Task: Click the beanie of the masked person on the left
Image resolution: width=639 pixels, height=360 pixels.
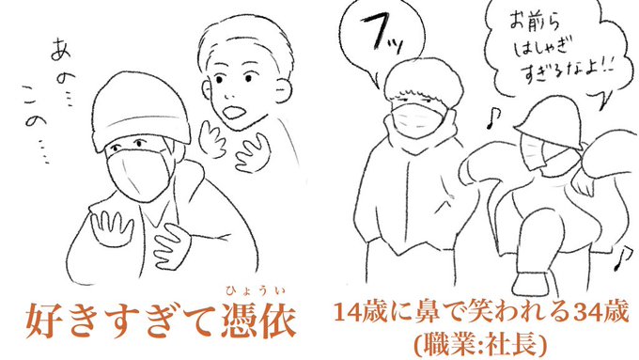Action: [140, 111]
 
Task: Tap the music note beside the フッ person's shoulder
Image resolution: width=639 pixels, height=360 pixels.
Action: [492, 118]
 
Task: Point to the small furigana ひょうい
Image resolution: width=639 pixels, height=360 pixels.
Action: [255, 290]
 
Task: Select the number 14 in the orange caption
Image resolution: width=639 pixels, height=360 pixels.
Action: [347, 313]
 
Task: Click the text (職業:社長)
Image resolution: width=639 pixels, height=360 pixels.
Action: [480, 345]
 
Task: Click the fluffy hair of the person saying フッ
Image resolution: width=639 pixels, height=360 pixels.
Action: [424, 84]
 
